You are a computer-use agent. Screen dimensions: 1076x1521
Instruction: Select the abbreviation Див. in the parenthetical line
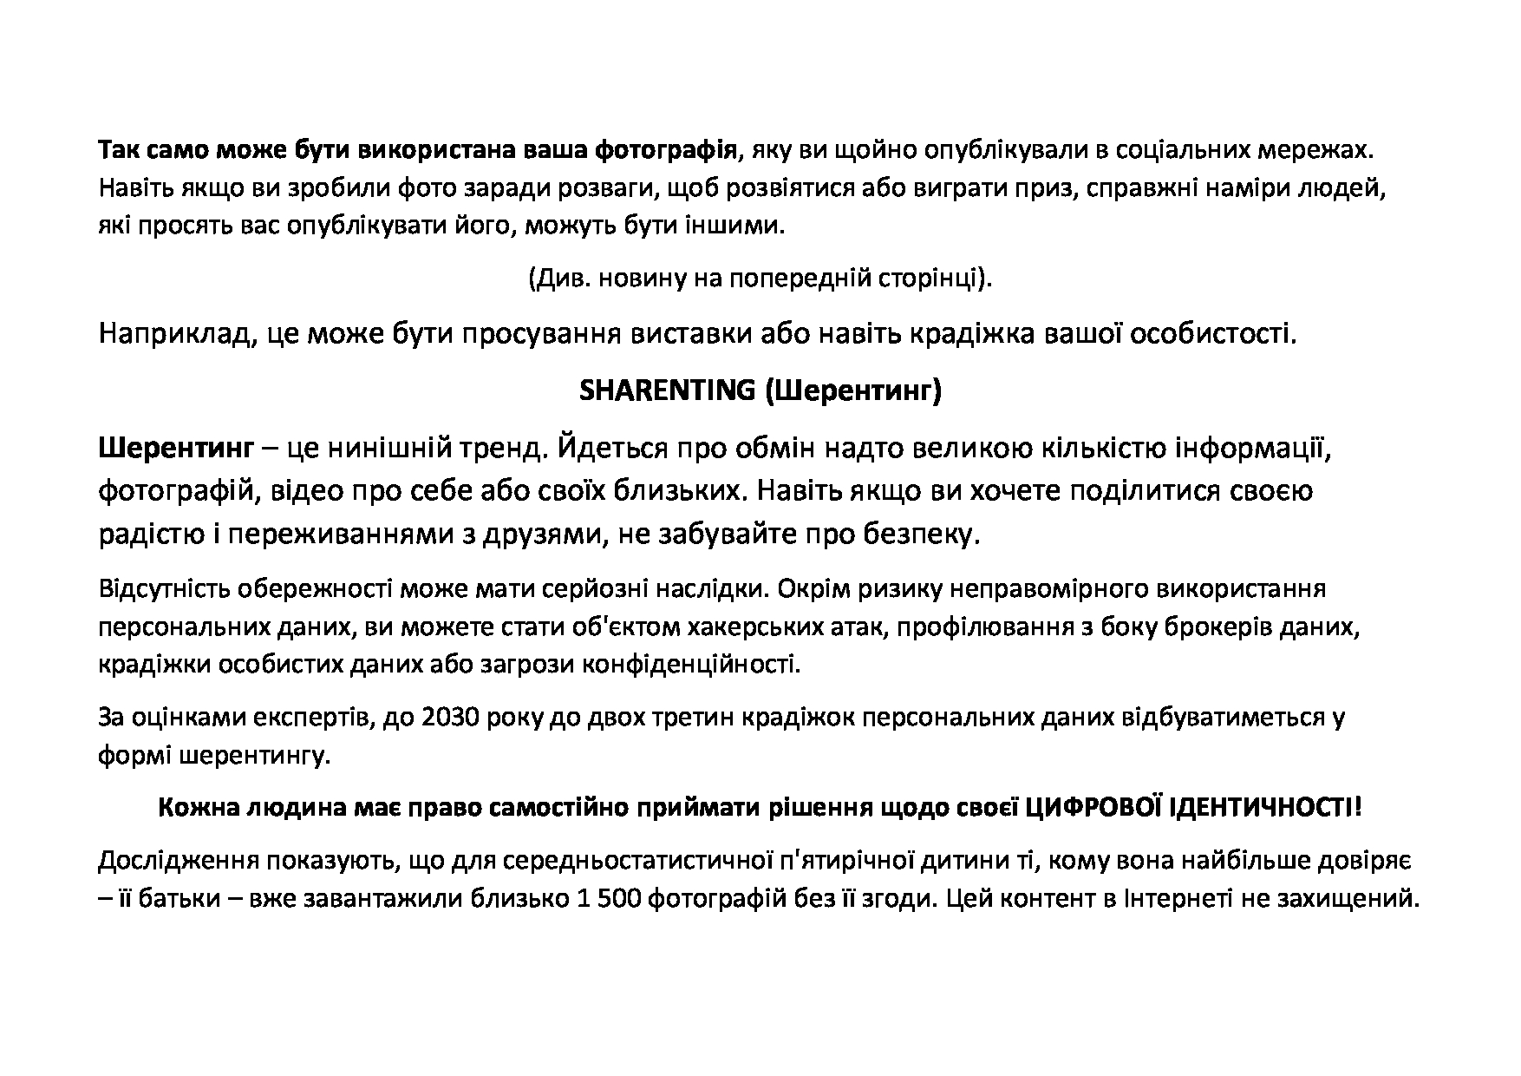pyautogui.click(x=558, y=279)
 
